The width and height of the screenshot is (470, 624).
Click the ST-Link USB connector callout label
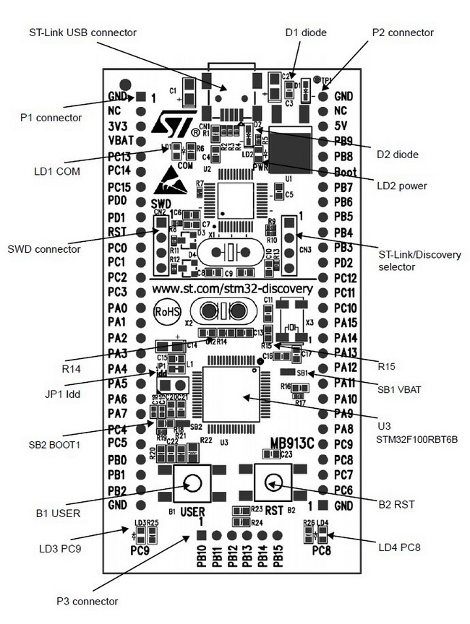click(82, 32)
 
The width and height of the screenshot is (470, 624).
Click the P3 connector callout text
click(87, 601)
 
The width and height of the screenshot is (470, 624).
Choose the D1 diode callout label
click(306, 32)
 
